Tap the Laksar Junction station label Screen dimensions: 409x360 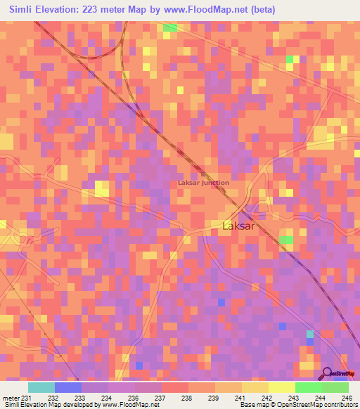[203, 183]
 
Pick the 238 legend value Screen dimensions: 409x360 [184, 398]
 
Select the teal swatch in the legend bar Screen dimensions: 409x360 [41, 387]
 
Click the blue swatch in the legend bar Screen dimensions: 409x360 [68, 387]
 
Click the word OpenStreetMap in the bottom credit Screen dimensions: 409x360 [296, 405]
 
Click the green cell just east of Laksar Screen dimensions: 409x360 [286, 240]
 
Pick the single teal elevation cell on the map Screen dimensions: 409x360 [309, 334]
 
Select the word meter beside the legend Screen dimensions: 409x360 [10, 398]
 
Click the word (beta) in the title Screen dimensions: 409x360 [261, 10]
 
